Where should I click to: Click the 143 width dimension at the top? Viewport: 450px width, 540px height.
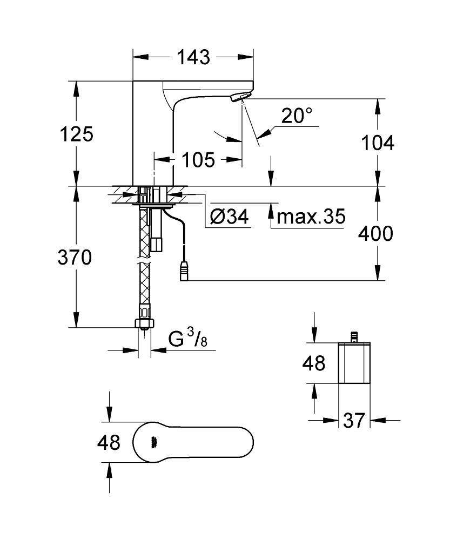tap(193, 57)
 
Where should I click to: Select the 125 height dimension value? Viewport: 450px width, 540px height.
tap(76, 133)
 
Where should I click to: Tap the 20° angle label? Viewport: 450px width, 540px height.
tap(297, 115)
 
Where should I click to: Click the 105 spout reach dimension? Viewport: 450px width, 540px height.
tap(198, 159)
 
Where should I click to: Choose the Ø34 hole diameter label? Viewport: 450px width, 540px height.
tap(229, 217)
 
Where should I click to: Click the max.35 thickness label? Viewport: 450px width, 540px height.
tap(311, 217)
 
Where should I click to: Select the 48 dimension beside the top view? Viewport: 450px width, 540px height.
tap(109, 443)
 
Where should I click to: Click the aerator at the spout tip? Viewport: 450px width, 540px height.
tap(238, 97)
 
